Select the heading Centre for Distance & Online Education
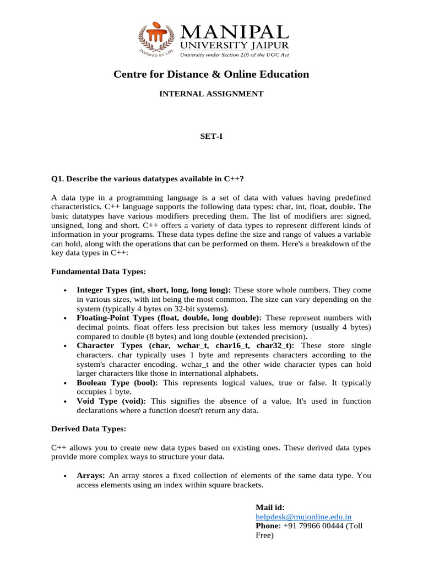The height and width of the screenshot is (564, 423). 211,74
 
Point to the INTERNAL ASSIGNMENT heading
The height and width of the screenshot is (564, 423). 211,94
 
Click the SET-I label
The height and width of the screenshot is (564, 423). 211,135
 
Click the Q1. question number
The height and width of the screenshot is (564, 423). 58,179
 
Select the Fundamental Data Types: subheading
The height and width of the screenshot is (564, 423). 99,272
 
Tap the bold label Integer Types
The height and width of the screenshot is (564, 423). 102,290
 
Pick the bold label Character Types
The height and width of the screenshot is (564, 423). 109,345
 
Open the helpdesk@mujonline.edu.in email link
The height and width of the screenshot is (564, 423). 303,517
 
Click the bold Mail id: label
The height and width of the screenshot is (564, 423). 270,507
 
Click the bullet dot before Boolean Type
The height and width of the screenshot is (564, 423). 65,383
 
